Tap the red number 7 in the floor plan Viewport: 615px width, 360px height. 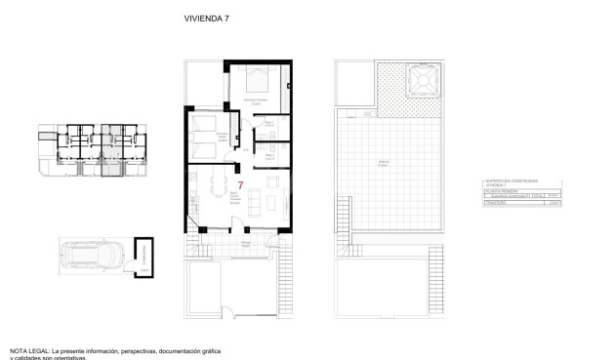pyautogui.click(x=240, y=184)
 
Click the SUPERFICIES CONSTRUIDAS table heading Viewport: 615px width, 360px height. pyautogui.click(x=513, y=180)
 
